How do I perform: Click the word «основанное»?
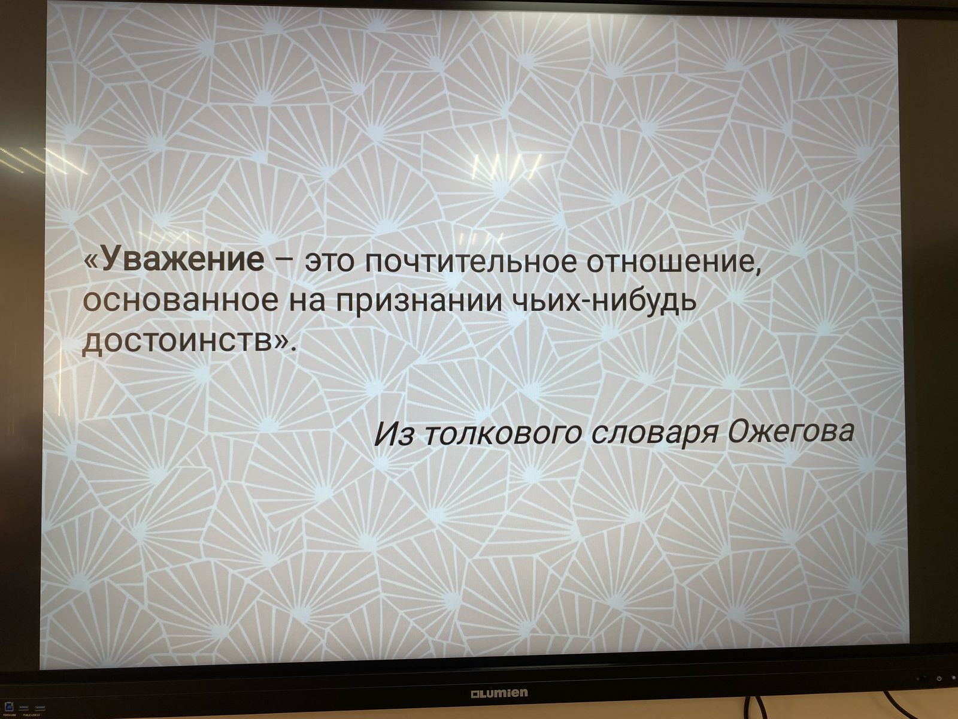point(180,301)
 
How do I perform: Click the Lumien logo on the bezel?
point(499,693)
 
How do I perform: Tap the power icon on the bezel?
point(939,678)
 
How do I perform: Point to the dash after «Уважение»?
point(284,261)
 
